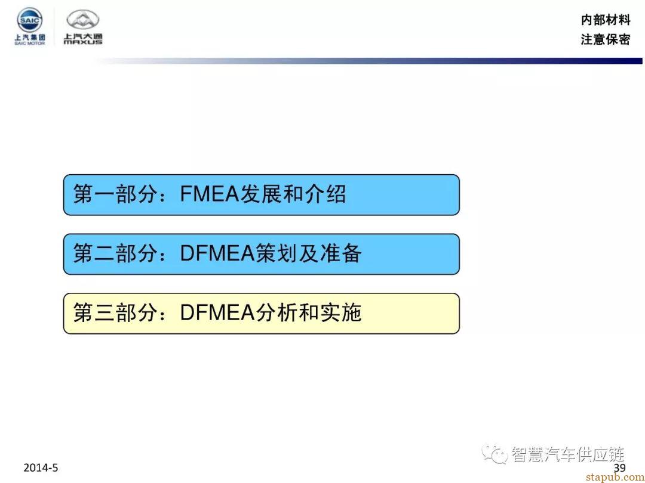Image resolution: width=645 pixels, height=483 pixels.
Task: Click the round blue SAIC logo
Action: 30,20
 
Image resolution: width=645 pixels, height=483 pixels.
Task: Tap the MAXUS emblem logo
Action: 83,20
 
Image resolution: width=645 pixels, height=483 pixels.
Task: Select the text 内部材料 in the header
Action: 605,19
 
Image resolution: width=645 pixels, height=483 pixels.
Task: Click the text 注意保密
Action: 605,39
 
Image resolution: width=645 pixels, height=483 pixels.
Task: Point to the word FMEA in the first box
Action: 210,194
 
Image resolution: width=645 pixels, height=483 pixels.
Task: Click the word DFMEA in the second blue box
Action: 217,253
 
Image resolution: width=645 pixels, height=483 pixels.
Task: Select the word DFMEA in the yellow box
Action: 217,312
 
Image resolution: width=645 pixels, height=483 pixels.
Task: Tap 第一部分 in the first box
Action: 115,194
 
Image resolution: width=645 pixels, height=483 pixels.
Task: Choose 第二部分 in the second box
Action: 115,253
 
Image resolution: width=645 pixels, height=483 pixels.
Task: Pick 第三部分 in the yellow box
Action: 115,312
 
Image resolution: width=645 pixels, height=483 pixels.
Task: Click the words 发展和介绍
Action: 293,194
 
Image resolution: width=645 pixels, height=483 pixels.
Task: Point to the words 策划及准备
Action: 309,253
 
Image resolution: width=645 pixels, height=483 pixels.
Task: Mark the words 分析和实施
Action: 309,312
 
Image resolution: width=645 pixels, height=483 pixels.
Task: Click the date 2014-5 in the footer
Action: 41,467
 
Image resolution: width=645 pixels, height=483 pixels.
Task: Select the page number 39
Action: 619,468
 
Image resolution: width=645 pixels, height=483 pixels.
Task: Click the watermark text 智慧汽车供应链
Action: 568,454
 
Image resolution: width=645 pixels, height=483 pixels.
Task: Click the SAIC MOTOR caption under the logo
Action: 30,43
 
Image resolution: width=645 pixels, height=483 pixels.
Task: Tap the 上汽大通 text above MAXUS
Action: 83,36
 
